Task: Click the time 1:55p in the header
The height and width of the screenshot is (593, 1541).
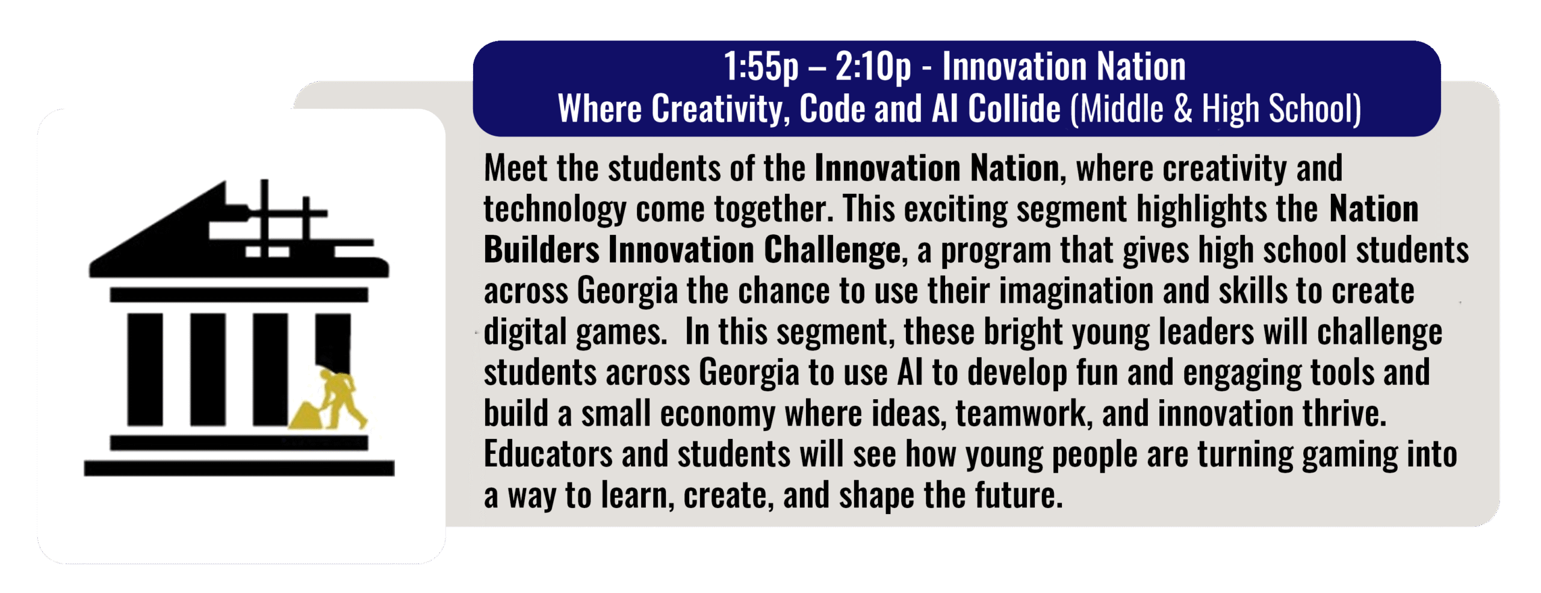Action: pos(761,67)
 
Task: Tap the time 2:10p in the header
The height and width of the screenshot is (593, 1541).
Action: pos(873,67)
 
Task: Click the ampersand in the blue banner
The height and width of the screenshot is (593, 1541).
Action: pos(1183,109)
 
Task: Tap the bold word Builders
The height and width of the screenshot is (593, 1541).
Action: pos(542,250)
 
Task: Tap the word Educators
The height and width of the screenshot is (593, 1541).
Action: pos(548,455)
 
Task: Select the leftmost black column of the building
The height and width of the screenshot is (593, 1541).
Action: pos(145,370)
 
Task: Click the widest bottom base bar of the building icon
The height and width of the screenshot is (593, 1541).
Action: pos(239,468)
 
